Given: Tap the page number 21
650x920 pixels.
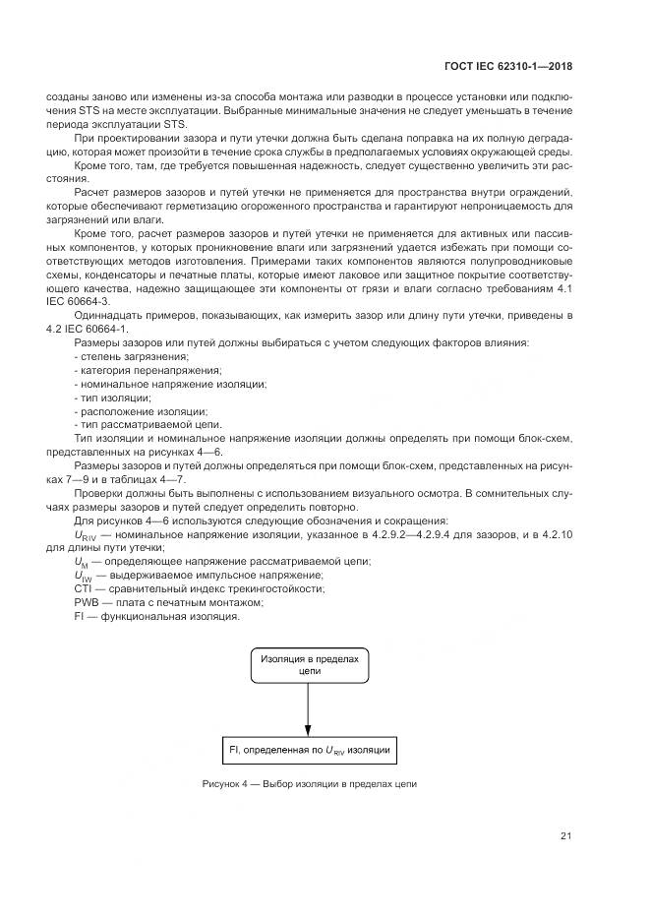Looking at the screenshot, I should click(x=566, y=836).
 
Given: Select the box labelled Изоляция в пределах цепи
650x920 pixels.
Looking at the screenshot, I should click(x=310, y=663).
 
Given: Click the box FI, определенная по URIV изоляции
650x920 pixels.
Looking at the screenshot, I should click(x=310, y=750).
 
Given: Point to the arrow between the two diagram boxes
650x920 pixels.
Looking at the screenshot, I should click(x=310, y=707).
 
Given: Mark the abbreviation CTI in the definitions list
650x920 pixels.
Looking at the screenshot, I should click(x=84, y=588).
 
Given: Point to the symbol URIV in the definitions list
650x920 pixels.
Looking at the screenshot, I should click(x=87, y=534).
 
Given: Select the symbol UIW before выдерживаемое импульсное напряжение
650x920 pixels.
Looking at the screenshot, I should click(x=85, y=576).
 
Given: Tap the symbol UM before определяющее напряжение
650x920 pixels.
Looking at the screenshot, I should click(x=84, y=561).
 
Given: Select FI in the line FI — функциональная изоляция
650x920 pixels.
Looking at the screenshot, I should click(x=79, y=616).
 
